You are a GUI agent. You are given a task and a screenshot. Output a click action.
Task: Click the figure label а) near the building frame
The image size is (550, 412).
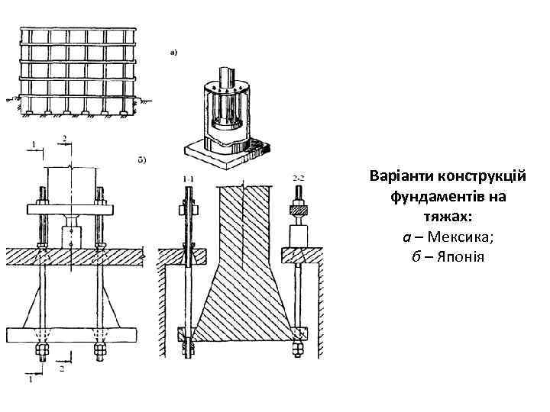pos(173,53)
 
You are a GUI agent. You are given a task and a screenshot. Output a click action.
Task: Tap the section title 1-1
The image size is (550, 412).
pos(188,177)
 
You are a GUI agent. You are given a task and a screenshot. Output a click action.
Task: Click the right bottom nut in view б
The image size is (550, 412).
pos(99,352)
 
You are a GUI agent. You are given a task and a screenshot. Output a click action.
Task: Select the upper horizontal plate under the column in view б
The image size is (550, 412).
pos(70,208)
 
